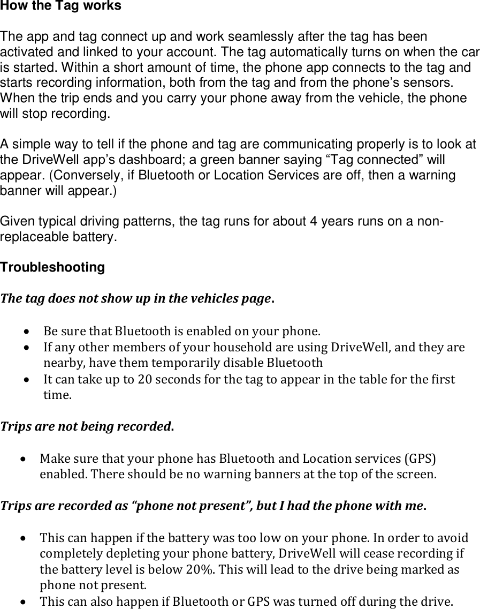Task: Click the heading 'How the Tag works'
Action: (x=60, y=6)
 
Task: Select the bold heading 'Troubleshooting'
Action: (x=52, y=267)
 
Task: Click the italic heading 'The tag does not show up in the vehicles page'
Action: (x=137, y=298)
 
